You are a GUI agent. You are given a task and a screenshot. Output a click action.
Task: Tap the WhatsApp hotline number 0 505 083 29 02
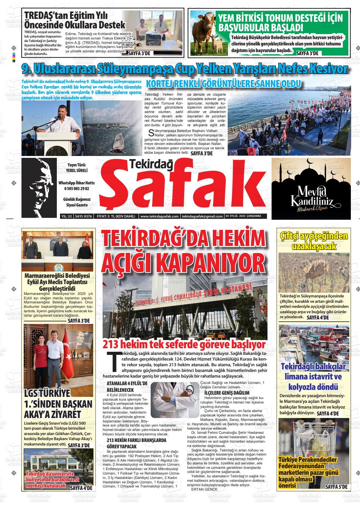click(76, 188)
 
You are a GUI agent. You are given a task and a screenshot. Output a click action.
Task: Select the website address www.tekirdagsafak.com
click(159, 216)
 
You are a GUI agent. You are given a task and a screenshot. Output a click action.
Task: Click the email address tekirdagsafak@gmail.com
click(202, 216)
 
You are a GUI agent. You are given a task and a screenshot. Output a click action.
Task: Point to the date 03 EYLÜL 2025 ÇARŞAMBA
click(245, 216)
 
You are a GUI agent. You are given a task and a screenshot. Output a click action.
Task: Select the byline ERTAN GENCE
click(204, 489)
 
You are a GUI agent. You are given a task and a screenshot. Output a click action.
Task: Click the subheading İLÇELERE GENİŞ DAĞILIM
click(227, 393)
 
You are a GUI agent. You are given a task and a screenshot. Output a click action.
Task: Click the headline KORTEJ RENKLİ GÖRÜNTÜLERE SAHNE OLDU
click(223, 84)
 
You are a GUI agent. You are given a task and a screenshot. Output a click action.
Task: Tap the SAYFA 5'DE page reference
click(336, 487)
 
